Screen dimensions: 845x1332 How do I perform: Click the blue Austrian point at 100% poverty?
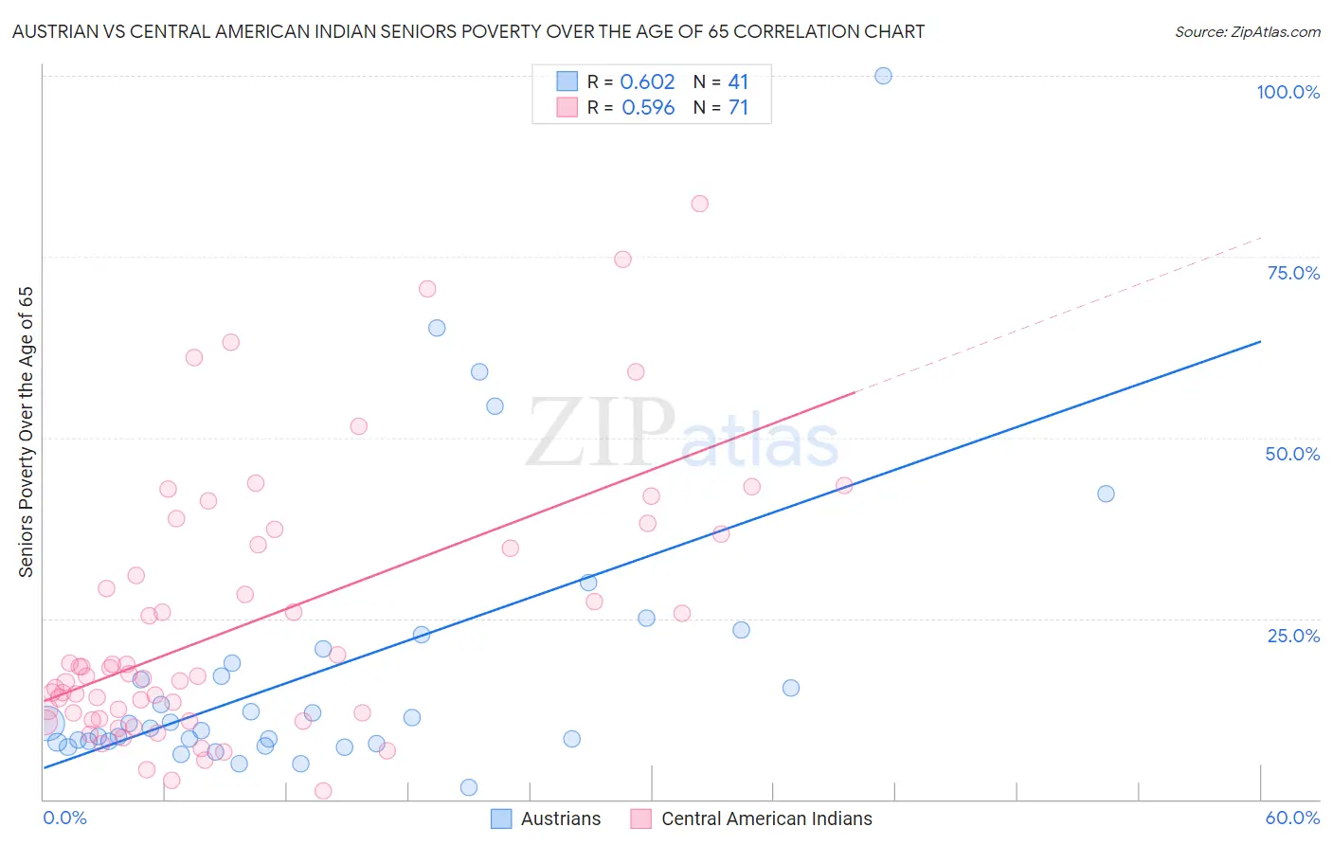pyautogui.click(x=883, y=76)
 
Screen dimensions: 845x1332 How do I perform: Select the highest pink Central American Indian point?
pyautogui.click(x=699, y=204)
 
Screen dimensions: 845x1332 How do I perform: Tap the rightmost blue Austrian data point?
pyautogui.click(x=1106, y=494)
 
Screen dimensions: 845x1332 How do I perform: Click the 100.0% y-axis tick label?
pyautogui.click(x=1287, y=92)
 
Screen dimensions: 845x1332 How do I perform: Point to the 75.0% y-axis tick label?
pyautogui.click(x=1293, y=273)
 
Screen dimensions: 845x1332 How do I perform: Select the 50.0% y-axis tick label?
pyautogui.click(x=1292, y=454)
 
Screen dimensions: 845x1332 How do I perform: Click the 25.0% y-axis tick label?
pyautogui.click(x=1293, y=635)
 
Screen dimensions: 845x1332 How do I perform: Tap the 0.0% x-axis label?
pyautogui.click(x=64, y=818)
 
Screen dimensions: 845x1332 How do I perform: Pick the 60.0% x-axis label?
pyautogui.click(x=1292, y=818)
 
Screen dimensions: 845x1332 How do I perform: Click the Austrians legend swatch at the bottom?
pyautogui.click(x=501, y=818)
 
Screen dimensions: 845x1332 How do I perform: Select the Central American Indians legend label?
pyautogui.click(x=766, y=818)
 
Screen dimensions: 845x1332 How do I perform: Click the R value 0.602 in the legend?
pyautogui.click(x=647, y=82)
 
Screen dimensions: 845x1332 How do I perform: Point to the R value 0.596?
pyautogui.click(x=648, y=108)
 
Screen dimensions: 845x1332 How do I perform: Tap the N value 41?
pyautogui.click(x=738, y=82)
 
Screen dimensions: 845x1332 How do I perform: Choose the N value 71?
pyautogui.click(x=738, y=108)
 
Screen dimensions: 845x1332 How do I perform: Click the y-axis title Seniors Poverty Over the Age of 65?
pyautogui.click(x=26, y=432)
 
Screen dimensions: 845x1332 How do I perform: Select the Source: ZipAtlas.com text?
pyautogui.click(x=1247, y=32)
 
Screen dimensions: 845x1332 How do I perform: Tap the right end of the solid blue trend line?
pyautogui.click(x=1260, y=341)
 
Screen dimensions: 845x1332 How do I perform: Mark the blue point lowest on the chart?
pyautogui.click(x=468, y=787)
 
